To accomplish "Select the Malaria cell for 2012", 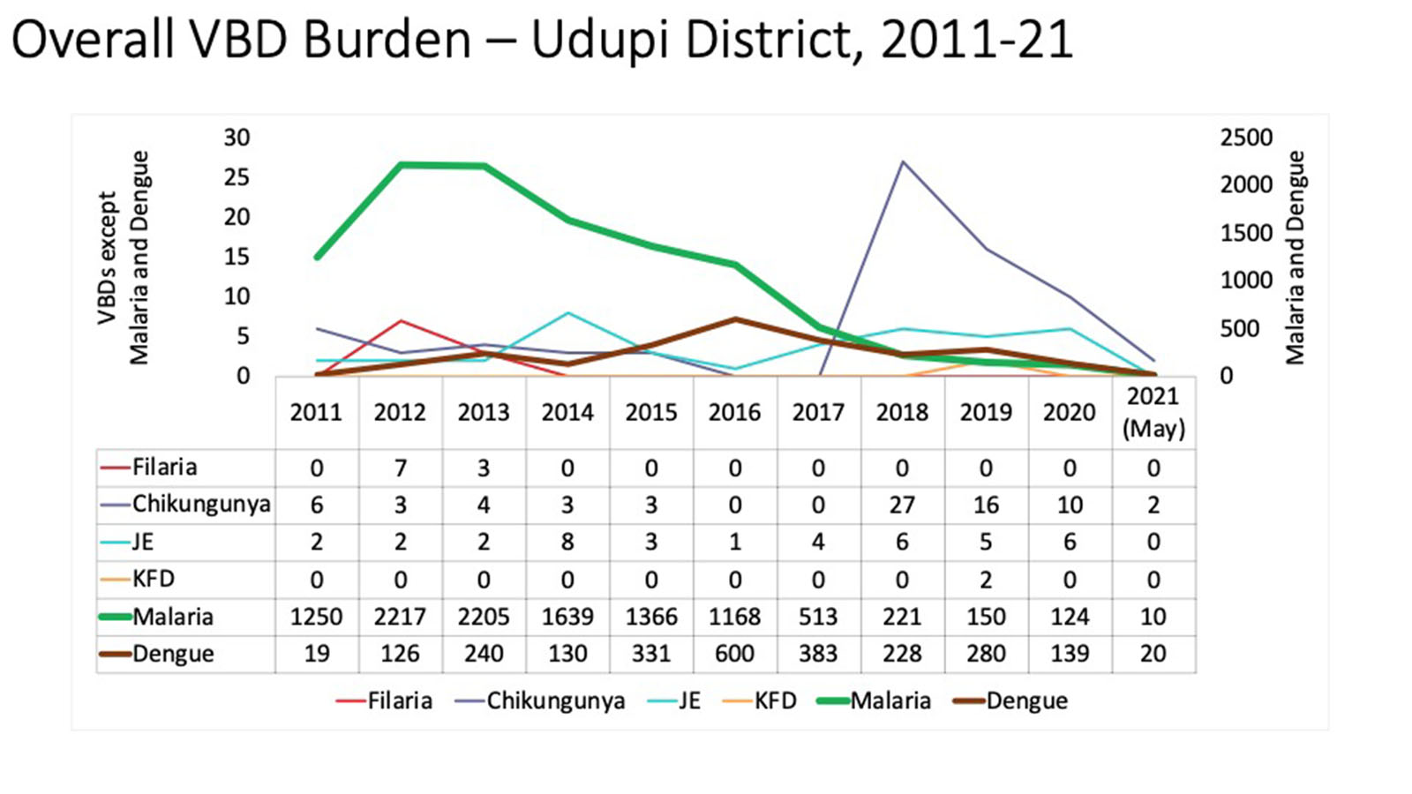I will (400, 616).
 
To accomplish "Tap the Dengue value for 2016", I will (734, 654).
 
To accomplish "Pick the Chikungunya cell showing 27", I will (902, 505).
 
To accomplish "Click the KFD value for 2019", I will (986, 580).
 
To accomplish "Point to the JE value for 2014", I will (567, 542).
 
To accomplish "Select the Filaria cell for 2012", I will (400, 468).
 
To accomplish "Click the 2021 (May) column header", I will (1153, 412).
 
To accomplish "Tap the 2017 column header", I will (818, 412).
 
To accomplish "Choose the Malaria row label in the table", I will (173, 617).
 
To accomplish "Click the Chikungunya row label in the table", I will (201, 505).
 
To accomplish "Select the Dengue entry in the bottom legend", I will (1026, 701).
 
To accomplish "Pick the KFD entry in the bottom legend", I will (775, 701).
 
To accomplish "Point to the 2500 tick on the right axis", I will (1246, 138).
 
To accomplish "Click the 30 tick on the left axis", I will (237, 138).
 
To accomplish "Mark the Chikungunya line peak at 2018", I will (902, 162).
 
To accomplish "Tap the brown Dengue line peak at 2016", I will (735, 319).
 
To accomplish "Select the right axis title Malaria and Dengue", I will (1295, 257).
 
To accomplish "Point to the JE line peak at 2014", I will (567, 313).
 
